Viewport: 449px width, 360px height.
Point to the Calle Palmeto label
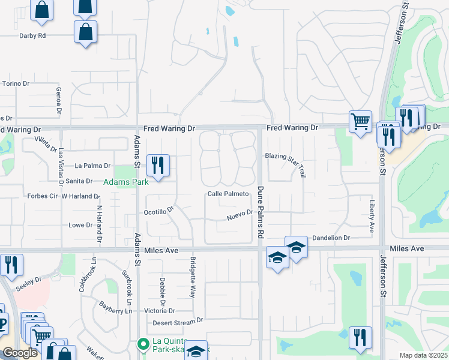(228, 194)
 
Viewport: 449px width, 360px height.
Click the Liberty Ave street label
(372, 217)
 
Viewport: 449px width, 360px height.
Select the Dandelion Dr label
(330, 238)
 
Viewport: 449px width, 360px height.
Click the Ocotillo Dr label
(158, 212)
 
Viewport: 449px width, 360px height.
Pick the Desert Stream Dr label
(174, 322)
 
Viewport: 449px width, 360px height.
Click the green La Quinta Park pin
(143, 344)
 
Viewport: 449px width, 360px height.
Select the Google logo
(20, 353)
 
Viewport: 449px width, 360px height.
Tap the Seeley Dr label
(29, 281)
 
